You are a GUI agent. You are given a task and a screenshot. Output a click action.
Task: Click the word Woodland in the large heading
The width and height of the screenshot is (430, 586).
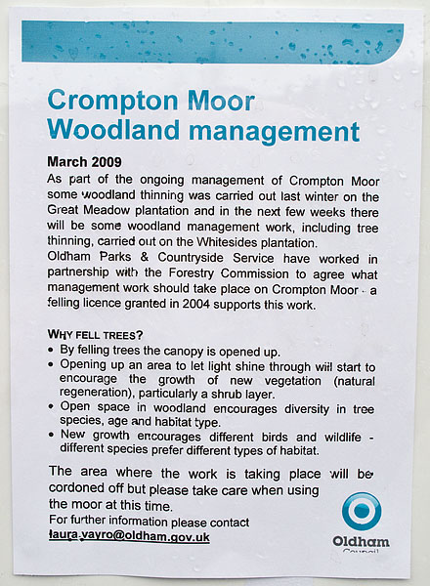pos(107,130)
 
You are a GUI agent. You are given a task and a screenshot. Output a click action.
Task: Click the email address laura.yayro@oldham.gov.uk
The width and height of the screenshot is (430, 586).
pos(129,537)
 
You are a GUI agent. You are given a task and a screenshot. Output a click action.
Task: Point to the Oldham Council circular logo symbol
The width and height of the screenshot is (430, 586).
pos(361,511)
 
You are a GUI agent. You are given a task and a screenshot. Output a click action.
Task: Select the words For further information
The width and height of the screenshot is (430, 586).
pos(105,523)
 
